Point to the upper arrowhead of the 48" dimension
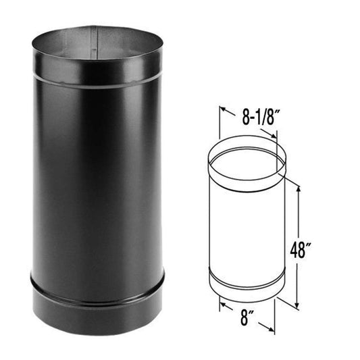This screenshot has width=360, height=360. pyautogui.click(x=297, y=185)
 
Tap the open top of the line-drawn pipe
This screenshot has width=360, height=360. pyautogui.click(x=247, y=160)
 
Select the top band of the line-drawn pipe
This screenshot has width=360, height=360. pyautogui.click(x=247, y=179)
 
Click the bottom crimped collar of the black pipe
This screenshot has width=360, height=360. pyautogui.click(x=97, y=303)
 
